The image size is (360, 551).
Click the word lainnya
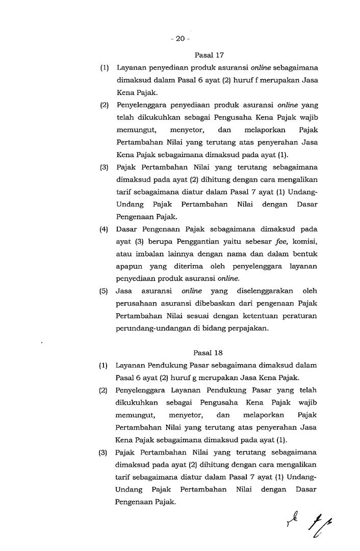click(x=187, y=254)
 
